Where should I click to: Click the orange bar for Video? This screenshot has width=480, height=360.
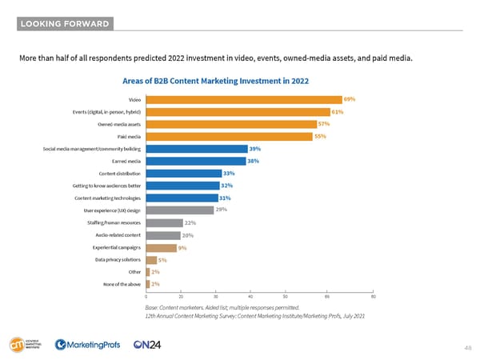[243, 99]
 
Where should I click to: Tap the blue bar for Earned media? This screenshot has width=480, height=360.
[194, 161]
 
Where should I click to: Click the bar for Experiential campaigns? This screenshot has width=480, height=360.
[160, 247]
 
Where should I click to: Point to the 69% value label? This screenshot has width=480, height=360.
[349, 99]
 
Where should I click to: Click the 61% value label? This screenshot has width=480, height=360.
[337, 111]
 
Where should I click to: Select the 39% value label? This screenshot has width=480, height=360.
[254, 149]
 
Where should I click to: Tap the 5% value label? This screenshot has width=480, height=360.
[162, 260]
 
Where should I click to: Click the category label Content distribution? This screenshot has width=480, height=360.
[119, 174]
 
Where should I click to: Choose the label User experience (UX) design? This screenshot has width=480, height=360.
[113, 210]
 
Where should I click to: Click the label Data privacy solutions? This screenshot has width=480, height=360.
[118, 260]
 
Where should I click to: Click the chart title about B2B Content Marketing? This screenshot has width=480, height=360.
[215, 80]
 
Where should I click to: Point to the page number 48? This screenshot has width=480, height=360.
[466, 348]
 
